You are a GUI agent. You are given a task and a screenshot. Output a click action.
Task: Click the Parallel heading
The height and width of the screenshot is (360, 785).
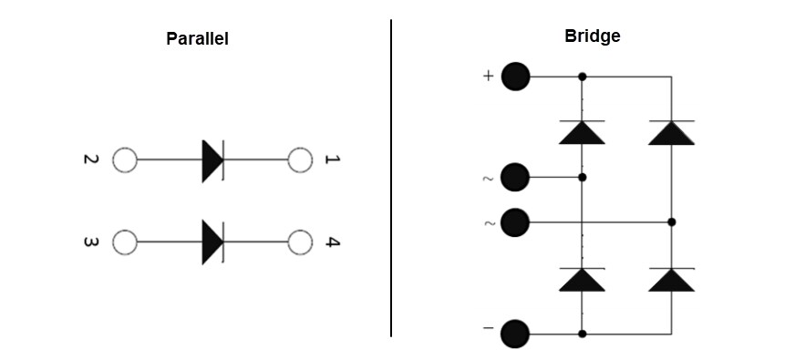tap(197, 39)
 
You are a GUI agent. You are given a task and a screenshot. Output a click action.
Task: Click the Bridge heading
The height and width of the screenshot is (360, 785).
tap(593, 36)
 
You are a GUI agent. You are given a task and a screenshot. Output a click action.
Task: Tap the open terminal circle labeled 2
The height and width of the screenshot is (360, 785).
tap(124, 161)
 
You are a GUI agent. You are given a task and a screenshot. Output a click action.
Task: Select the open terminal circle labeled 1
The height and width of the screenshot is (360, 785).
tap(300, 161)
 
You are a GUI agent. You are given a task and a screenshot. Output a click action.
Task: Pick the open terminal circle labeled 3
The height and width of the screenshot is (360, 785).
tap(124, 242)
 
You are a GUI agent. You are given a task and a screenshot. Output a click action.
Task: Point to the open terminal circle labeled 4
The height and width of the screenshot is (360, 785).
tap(300, 242)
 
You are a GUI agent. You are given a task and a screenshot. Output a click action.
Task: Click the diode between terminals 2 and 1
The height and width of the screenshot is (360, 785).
tap(213, 161)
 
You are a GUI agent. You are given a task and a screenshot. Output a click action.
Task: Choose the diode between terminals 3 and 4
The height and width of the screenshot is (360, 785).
tap(213, 242)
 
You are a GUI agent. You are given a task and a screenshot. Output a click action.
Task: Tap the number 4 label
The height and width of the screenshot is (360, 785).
tap(333, 243)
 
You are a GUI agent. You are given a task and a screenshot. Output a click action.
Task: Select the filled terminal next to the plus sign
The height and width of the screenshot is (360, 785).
tap(516, 77)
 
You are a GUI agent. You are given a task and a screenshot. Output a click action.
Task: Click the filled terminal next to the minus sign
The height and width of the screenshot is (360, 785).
tap(516, 334)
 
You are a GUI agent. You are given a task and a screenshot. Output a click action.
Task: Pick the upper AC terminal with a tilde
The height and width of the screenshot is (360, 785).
tap(516, 177)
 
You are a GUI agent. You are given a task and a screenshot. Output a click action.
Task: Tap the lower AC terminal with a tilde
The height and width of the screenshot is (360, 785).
tap(516, 221)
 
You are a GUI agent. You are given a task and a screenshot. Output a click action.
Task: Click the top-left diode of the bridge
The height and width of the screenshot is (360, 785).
tap(582, 132)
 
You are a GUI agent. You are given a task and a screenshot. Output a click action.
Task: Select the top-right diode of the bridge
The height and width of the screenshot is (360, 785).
tap(671, 132)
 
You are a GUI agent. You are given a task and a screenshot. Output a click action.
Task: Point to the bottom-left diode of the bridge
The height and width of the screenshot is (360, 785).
tap(582, 280)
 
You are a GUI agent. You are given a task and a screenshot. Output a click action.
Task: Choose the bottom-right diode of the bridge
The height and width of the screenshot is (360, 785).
tap(671, 280)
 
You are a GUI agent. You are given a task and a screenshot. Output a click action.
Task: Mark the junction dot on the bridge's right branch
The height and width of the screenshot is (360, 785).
tap(671, 221)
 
